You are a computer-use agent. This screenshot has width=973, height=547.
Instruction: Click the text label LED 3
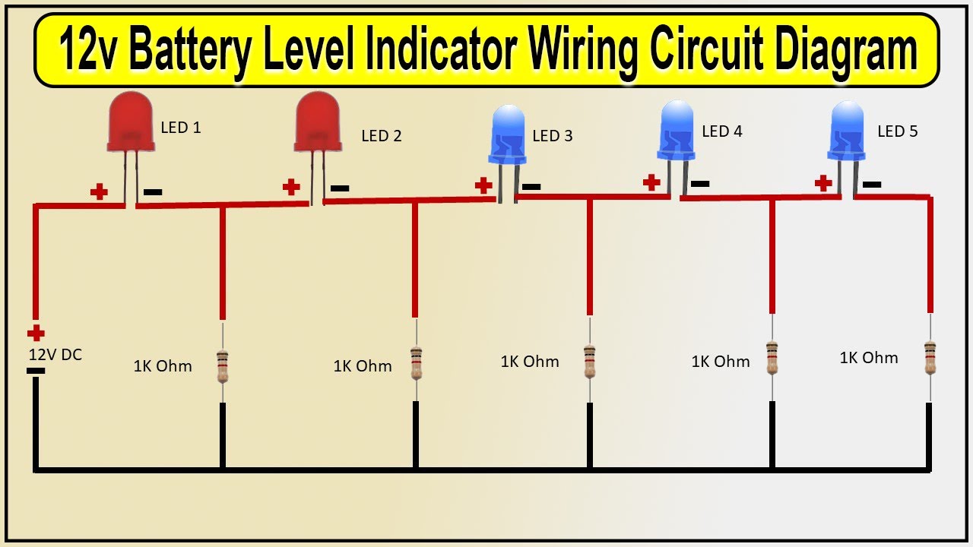[553, 136]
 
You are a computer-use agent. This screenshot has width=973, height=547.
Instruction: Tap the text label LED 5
[898, 131]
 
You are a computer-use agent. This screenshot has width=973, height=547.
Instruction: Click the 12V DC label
[55, 355]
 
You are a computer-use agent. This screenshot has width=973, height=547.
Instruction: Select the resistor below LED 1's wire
[223, 365]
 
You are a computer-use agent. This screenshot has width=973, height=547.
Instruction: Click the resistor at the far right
[930, 357]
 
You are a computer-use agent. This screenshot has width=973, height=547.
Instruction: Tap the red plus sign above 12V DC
[36, 333]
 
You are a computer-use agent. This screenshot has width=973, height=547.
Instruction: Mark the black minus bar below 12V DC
[35, 371]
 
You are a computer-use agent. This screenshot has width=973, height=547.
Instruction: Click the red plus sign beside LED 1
[99, 191]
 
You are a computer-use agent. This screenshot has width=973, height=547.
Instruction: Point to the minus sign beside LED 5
[872, 185]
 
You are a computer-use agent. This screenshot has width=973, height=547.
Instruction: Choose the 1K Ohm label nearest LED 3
[530, 362]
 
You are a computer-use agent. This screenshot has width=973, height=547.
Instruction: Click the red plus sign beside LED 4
[651, 182]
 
